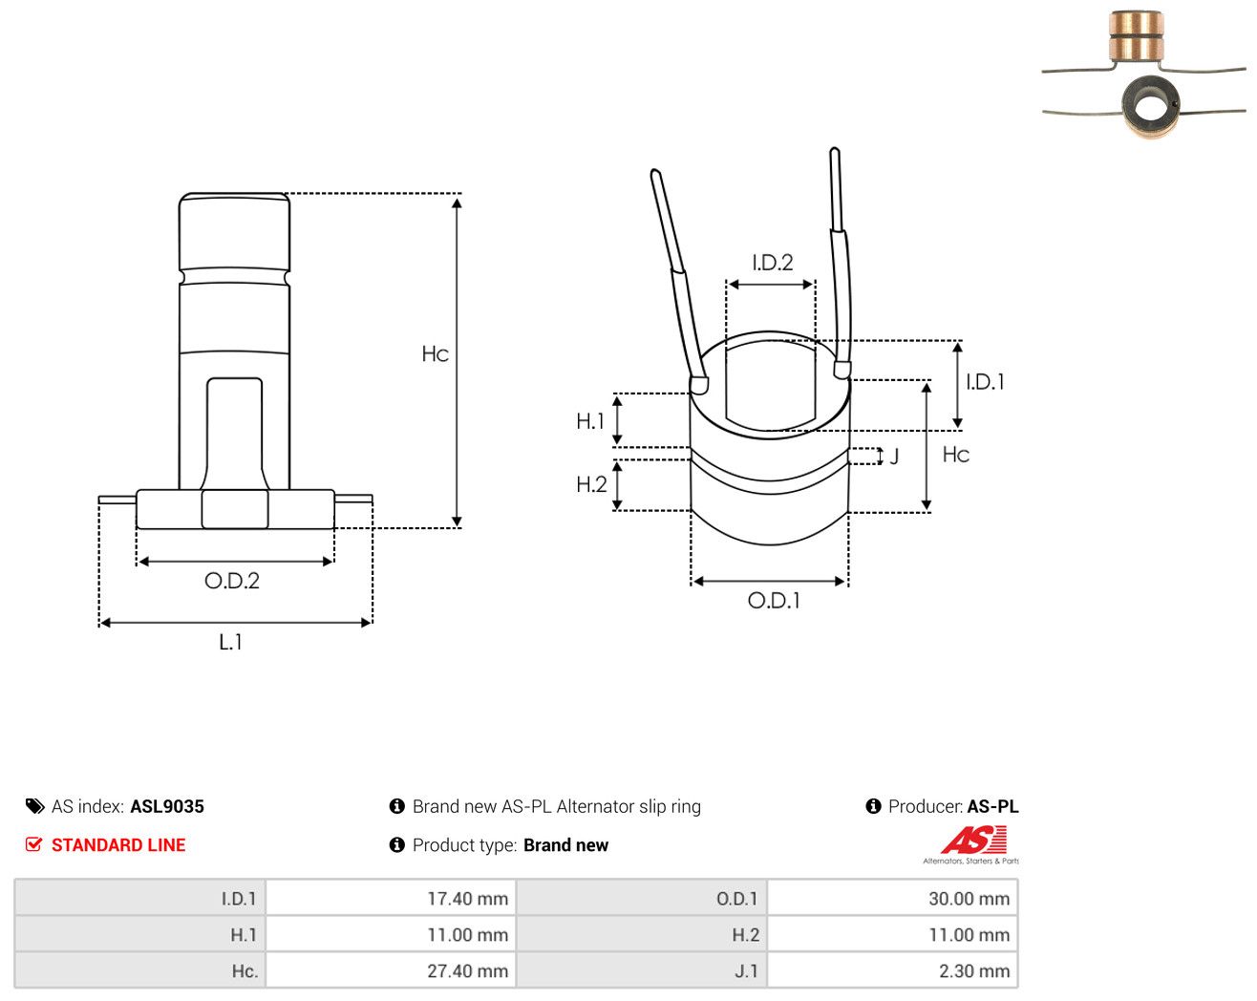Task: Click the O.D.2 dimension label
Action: (x=232, y=581)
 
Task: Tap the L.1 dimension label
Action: (x=230, y=642)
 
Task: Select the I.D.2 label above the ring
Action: (x=772, y=263)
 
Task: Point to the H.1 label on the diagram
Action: (x=590, y=421)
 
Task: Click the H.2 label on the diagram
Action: (x=591, y=484)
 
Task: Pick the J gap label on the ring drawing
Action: (x=894, y=457)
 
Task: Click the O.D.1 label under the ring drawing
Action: (x=774, y=601)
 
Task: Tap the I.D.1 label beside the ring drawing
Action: (x=985, y=382)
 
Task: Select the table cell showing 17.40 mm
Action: (x=467, y=898)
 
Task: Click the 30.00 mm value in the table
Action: (x=969, y=898)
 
